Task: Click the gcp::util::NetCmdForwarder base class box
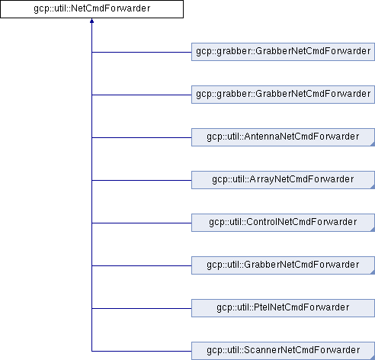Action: tap(91, 9)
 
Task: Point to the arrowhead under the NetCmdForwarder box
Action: tap(91, 21)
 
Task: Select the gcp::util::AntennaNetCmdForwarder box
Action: tap(283, 137)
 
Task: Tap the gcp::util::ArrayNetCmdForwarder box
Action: tap(283, 180)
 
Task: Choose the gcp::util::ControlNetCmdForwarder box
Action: tap(283, 223)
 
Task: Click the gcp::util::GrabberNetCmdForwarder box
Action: tap(283, 265)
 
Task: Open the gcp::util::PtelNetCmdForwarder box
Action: tap(283, 308)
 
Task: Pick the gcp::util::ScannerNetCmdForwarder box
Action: tap(283, 351)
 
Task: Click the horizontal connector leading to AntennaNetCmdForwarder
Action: tap(142, 138)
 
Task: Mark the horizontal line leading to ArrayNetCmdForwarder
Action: tap(142, 181)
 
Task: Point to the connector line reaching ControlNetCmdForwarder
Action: tap(142, 223)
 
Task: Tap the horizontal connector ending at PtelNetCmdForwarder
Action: tap(142, 309)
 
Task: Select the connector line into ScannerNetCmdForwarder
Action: tap(142, 352)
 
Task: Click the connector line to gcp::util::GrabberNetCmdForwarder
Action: tap(142, 266)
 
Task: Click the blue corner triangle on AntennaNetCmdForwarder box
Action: tap(373, 144)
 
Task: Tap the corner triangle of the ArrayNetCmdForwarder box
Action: tap(373, 187)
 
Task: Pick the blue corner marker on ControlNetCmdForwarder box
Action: tap(373, 230)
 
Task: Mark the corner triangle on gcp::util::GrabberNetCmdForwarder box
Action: tap(373, 272)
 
